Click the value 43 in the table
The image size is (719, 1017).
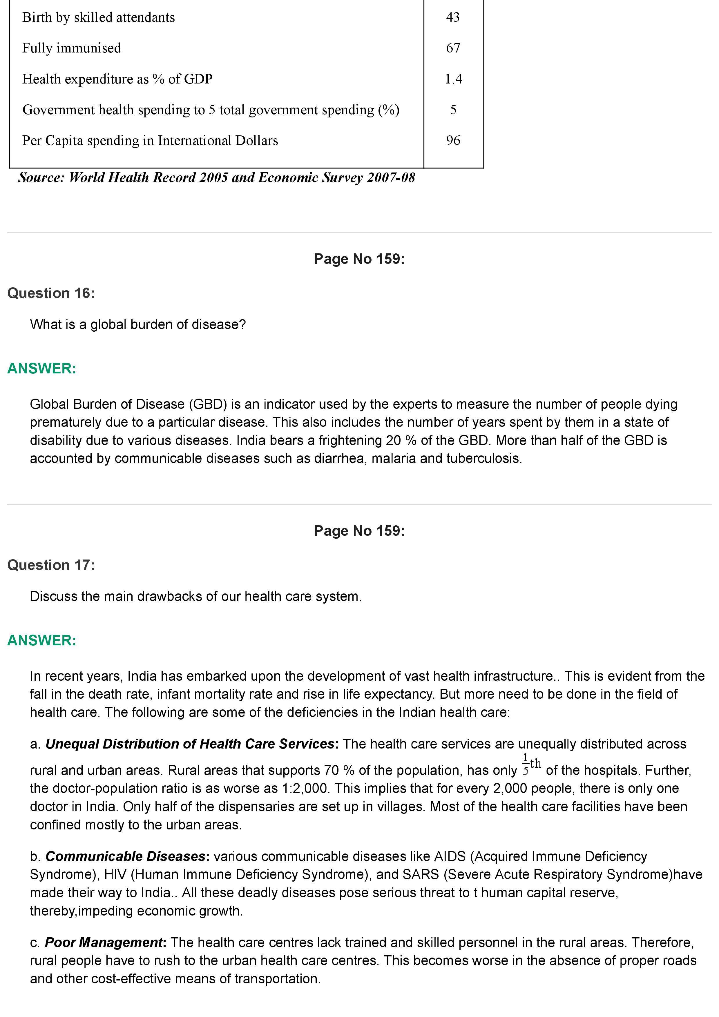coord(453,17)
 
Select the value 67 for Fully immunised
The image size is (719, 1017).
coord(453,48)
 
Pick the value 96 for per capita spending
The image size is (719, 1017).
coord(453,140)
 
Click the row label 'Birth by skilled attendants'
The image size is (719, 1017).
coord(98,17)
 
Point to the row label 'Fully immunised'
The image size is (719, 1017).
coord(71,48)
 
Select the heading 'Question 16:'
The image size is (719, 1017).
coord(51,293)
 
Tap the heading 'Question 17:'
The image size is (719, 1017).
coord(51,565)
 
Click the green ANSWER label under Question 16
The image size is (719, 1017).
coord(42,368)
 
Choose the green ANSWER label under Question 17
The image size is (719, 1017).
coord(42,640)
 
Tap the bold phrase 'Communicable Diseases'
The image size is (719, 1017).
coord(125,857)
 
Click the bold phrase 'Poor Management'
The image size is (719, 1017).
coord(104,942)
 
